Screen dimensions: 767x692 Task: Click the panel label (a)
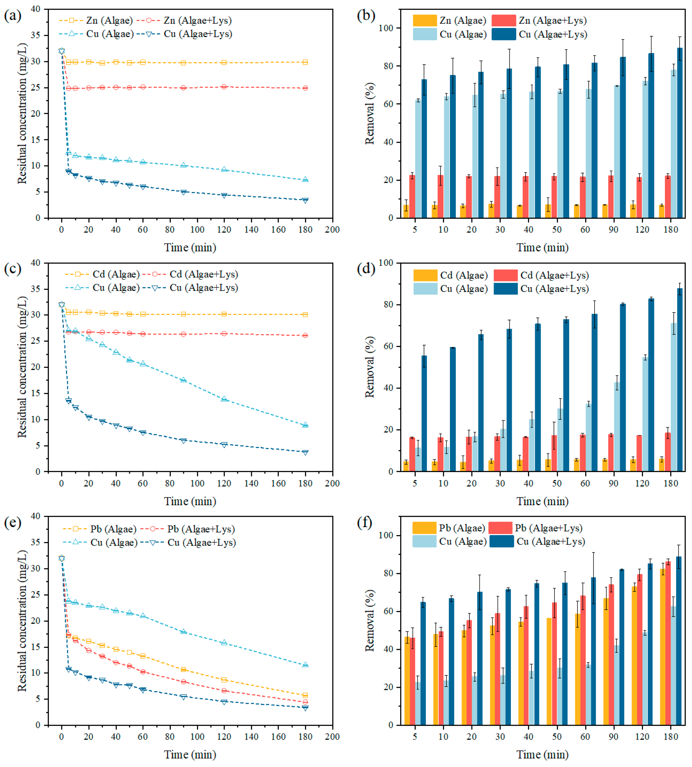point(13,16)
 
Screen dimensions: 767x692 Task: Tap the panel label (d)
point(366,269)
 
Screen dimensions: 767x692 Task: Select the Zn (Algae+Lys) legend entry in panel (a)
point(184,21)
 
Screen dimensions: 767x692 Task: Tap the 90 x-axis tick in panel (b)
point(613,230)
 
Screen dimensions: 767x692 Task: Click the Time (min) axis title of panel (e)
point(190,755)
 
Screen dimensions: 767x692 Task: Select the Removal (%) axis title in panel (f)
point(370,621)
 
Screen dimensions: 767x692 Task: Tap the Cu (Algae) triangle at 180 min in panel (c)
point(305,425)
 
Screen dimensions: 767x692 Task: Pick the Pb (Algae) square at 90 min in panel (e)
point(183,669)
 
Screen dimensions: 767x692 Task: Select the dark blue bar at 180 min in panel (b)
point(679,133)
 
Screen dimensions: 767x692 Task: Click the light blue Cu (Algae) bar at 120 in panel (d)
point(645,414)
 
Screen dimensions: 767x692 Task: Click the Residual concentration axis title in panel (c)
point(22,367)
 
